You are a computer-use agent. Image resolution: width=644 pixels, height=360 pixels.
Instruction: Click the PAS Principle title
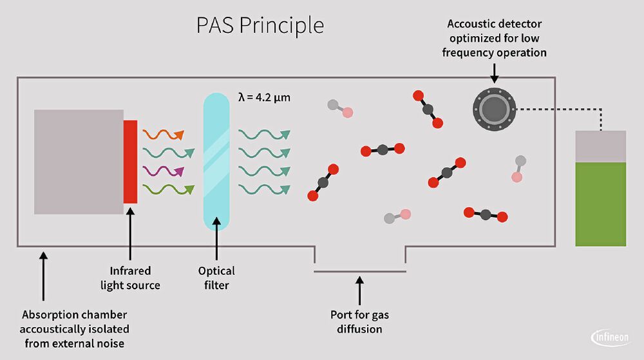pos(260,26)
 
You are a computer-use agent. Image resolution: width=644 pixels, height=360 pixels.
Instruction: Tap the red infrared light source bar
pos(130,161)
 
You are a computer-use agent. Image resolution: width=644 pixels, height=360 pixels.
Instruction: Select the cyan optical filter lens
pos(216,161)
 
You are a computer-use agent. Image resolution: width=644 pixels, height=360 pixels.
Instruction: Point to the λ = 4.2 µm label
pos(264,98)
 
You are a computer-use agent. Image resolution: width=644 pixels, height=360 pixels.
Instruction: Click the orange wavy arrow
pos(163,135)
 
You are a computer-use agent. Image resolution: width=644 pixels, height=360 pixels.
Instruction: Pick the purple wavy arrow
pos(163,171)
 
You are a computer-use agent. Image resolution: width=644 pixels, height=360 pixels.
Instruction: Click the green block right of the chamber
pos(600,204)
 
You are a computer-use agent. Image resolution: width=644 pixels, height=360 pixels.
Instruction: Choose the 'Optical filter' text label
pos(216,278)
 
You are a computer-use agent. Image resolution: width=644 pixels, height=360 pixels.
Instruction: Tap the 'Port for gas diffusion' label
pos(360,322)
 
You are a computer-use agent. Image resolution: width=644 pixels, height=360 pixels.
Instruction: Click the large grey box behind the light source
pos(78,161)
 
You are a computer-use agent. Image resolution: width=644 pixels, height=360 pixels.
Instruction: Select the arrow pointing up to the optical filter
pos(216,242)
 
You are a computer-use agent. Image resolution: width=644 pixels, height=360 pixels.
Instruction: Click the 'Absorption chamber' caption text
pos(74,329)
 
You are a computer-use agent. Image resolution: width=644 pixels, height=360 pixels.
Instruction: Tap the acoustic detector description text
pos(494,38)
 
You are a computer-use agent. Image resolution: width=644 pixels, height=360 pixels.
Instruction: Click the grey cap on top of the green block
pos(600,146)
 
